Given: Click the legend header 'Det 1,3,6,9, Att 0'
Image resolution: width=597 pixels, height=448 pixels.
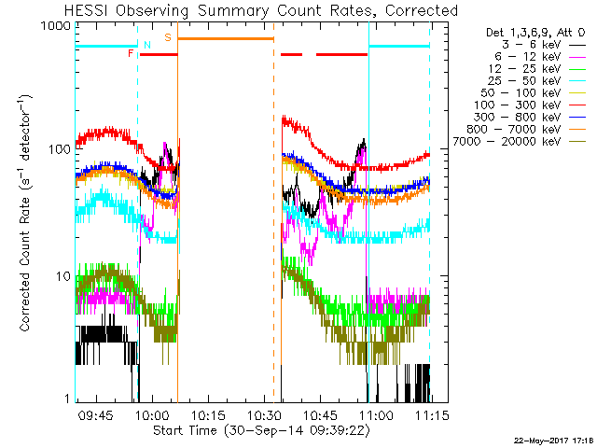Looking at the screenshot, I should pos(530,32).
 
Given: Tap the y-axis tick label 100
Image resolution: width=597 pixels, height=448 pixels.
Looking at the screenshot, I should pos(62,151).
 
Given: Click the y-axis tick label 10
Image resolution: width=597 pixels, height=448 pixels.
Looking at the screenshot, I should pos(65,276).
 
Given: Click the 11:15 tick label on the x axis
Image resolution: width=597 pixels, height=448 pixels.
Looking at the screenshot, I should pos(430,413).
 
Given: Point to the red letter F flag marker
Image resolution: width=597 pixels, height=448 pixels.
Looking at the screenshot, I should pos(131,54).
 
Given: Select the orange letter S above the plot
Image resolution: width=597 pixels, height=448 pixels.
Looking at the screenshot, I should pos(168,37).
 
